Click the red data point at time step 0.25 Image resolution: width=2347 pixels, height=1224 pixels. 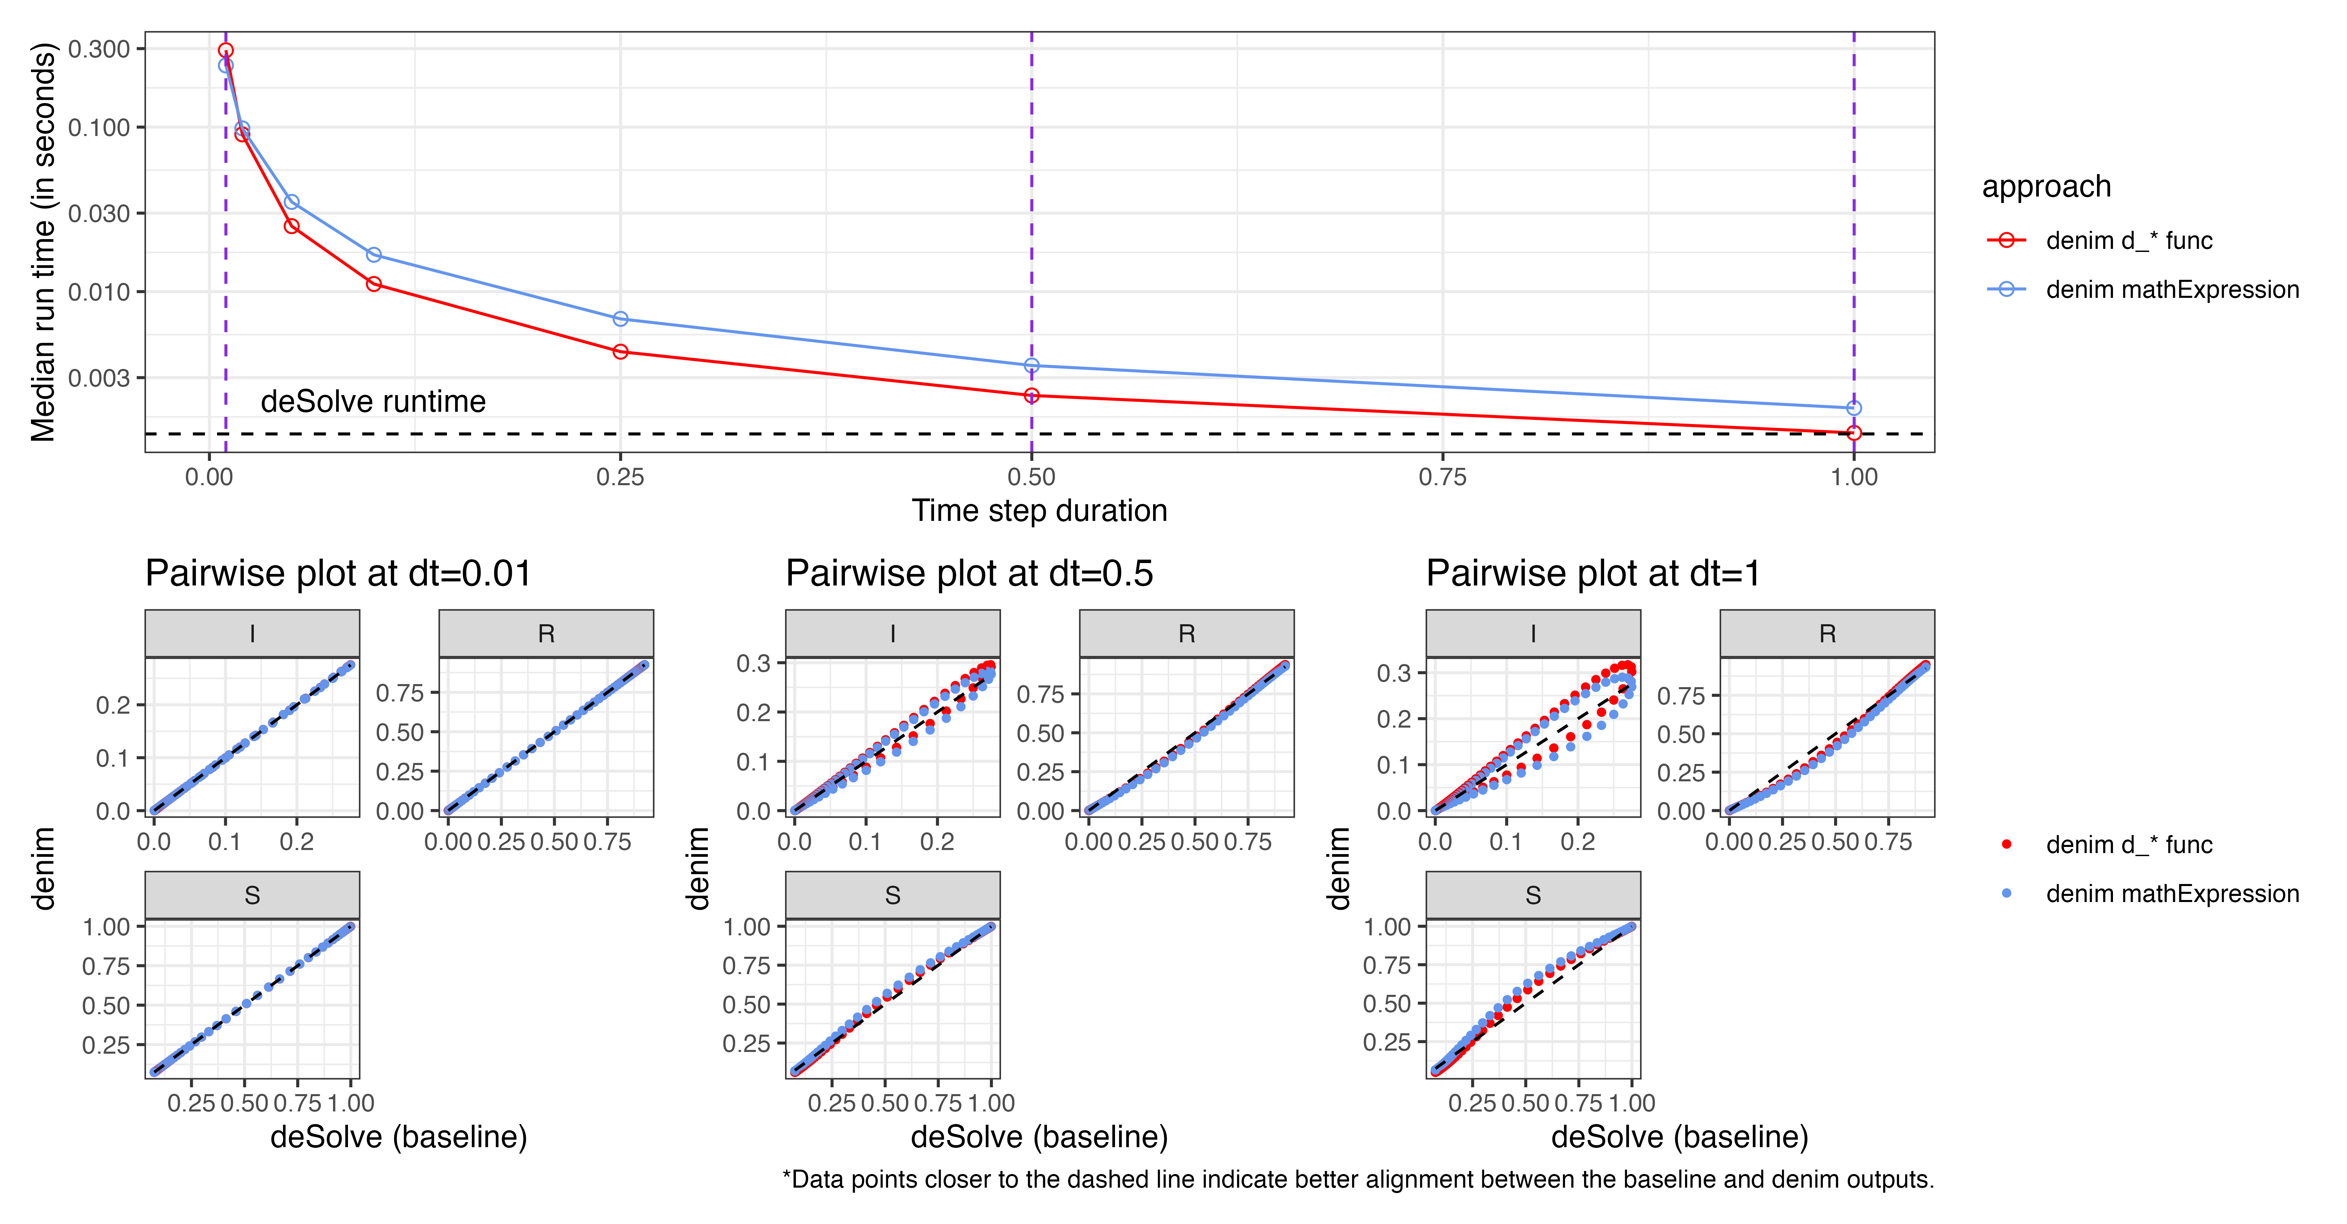pos(620,352)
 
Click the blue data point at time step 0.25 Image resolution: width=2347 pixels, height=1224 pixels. pos(620,319)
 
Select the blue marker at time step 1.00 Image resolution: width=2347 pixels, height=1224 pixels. pos(1854,408)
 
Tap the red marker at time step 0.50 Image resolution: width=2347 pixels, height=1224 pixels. pos(1031,395)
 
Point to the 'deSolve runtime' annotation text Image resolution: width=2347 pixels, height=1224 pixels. pos(373,402)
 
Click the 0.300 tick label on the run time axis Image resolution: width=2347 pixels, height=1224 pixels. pos(99,49)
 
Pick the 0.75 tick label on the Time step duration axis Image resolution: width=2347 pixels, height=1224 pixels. pos(1442,477)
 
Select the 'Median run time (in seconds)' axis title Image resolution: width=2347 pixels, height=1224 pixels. pos(43,241)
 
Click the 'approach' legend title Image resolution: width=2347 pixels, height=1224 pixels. pos(2046,187)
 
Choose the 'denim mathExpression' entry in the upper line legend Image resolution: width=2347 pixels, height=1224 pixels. pos(2172,290)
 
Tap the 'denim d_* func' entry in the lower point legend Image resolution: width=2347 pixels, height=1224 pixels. pos(2128,845)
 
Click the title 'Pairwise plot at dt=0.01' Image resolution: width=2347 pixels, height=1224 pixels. pos(338,574)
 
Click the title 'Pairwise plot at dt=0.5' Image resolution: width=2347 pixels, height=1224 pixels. pos(969,574)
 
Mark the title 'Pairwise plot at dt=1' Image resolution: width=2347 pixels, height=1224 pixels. pos(1593,574)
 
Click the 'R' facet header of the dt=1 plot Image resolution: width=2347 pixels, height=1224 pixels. pos(1827,634)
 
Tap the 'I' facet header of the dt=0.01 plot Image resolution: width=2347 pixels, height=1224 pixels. pos(252,634)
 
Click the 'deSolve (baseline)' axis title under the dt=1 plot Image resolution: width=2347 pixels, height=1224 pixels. pos(1679,1138)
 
